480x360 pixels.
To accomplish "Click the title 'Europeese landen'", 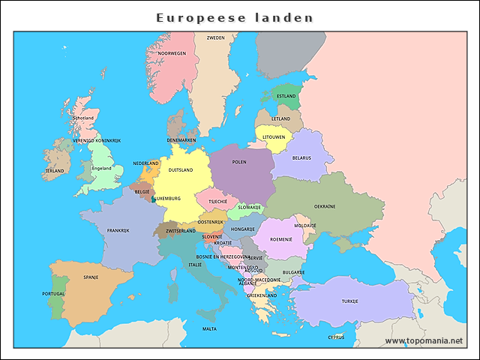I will tap(235, 17).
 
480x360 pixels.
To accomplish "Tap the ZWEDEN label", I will tap(216, 37).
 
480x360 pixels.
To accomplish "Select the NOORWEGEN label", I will tap(172, 54).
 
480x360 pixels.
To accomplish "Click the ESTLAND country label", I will tap(286, 96).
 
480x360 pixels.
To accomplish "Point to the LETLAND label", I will tap(280, 118).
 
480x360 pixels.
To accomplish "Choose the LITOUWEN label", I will tap(274, 137).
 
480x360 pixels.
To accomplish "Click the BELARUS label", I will tap(301, 158).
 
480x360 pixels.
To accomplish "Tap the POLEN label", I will tap(239, 162).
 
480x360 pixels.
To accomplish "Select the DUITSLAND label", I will tap(181, 170).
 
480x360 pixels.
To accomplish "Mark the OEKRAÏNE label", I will tap(325, 205).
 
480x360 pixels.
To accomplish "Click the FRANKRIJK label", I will tap(118, 230).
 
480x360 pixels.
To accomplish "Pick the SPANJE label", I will tap(91, 277).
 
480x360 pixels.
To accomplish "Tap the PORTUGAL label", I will tap(52, 294).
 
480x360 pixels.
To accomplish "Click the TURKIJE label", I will tap(350, 301).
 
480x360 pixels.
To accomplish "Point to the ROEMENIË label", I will tap(280, 239).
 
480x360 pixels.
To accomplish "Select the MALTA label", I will tap(210, 328).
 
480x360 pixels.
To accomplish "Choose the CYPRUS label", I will tap(335, 337).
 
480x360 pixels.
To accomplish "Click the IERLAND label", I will tap(54, 171).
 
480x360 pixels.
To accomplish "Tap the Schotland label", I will tap(83, 118).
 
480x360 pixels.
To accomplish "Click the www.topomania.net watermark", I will tap(424, 340).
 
